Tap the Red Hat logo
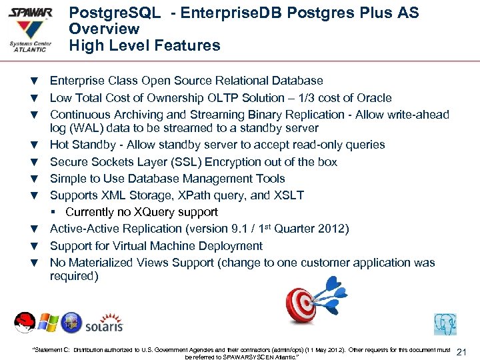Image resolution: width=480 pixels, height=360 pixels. (25, 323)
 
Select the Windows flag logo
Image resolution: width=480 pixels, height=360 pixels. (48, 323)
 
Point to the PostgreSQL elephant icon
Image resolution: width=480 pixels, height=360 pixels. (445, 323)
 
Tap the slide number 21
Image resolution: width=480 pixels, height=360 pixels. (464, 352)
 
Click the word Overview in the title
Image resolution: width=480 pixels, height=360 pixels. (104, 29)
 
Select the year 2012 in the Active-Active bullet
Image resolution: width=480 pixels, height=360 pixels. (330, 229)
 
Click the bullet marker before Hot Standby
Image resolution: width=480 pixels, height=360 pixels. (33, 145)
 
